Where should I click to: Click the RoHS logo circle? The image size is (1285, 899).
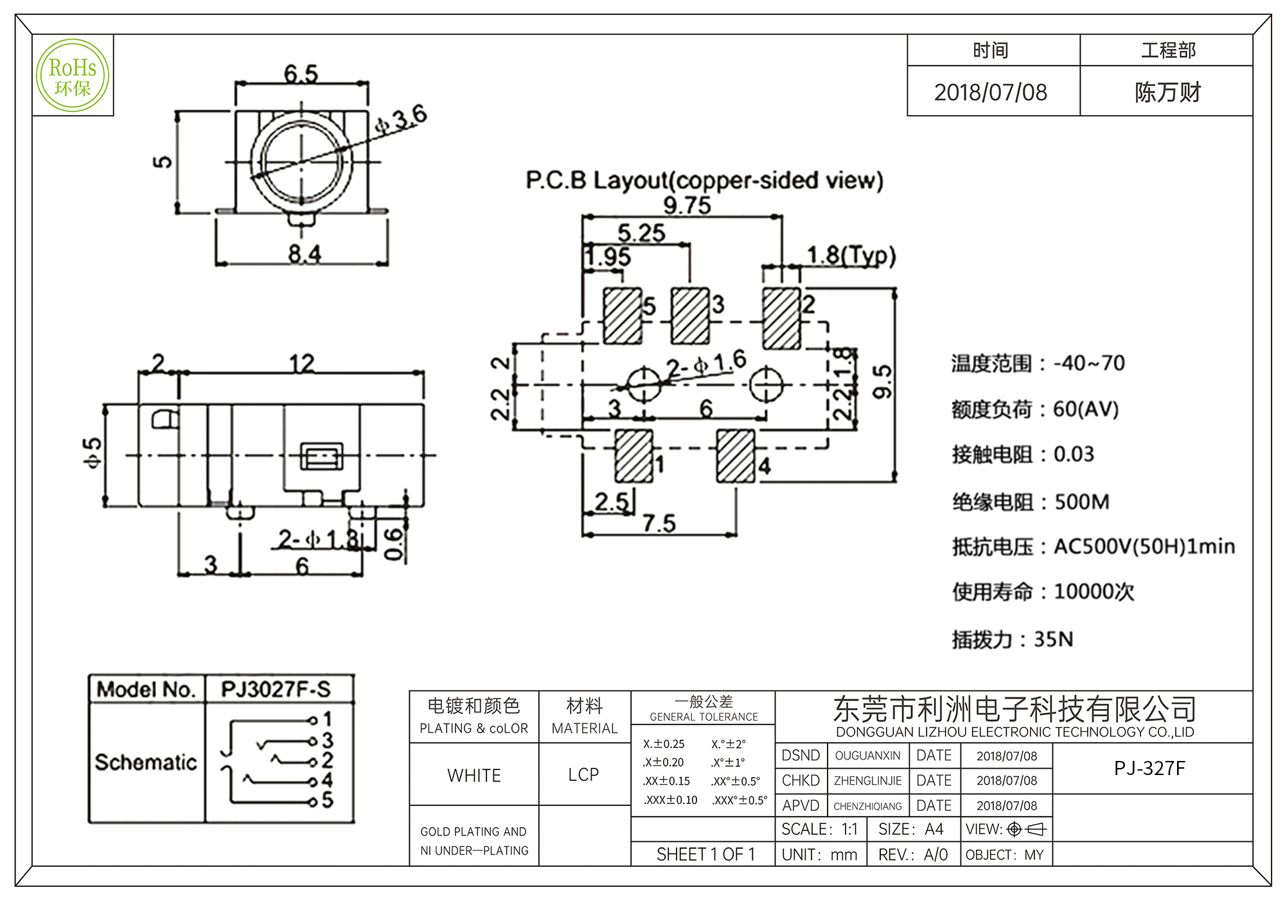[73, 76]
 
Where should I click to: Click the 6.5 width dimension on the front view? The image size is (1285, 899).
[301, 74]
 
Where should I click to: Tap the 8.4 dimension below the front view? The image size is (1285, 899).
[304, 254]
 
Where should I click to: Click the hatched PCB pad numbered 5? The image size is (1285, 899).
[623, 315]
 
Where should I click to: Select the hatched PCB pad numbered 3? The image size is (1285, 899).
[690, 315]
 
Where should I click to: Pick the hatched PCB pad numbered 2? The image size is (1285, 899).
[781, 318]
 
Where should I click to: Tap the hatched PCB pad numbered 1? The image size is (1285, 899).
[634, 456]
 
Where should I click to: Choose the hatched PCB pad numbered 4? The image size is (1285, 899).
[736, 456]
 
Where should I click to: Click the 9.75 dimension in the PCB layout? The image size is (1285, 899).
[687, 205]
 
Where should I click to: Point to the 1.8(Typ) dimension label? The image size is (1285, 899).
[851, 256]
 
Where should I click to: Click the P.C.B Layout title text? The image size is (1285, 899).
[704, 180]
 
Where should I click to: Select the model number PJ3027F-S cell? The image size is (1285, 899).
[276, 689]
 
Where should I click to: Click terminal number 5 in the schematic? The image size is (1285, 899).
[327, 800]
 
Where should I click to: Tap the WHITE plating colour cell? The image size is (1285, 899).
[474, 775]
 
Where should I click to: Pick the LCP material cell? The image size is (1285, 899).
[583, 775]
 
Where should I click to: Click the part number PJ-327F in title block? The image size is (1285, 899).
[1149, 768]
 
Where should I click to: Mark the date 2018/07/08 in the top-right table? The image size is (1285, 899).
[991, 92]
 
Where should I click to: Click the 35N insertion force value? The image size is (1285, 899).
[1053, 639]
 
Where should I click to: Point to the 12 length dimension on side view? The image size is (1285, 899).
[301, 363]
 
